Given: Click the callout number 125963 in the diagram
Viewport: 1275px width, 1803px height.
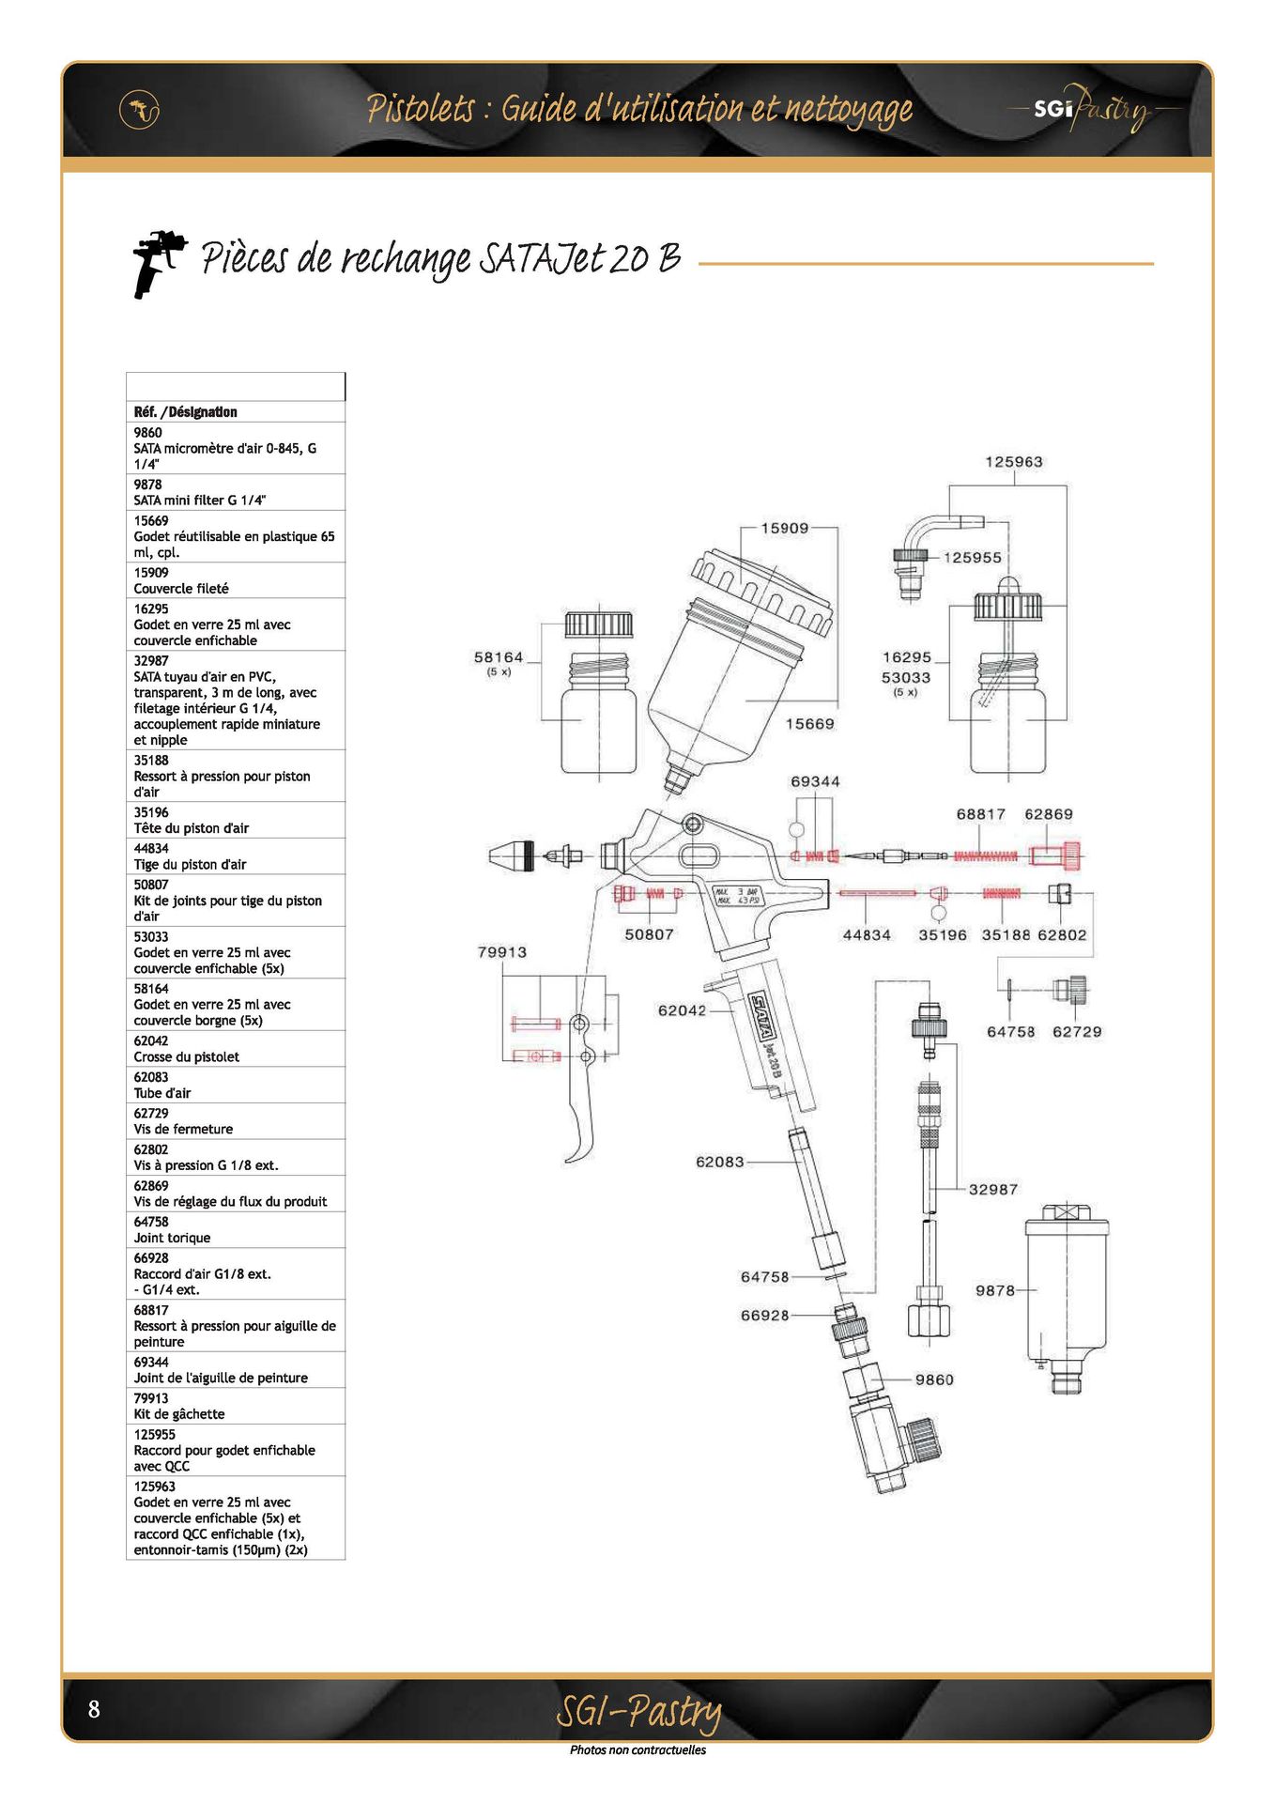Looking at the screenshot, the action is (1013, 462).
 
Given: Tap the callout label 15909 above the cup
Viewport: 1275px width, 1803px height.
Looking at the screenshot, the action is (784, 529).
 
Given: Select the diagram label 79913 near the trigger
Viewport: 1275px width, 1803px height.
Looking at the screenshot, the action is (501, 952).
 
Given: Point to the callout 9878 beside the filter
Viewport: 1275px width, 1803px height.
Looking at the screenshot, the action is (995, 1290).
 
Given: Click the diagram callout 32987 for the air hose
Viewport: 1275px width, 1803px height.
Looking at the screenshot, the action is (993, 1189).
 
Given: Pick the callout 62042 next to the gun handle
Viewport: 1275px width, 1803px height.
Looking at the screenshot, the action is (682, 1010).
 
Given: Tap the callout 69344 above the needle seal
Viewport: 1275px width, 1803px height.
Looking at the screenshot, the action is (815, 781).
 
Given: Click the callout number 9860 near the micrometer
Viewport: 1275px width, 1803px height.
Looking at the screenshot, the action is (934, 1379).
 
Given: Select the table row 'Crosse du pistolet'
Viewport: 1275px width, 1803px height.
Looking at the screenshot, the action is (186, 1057).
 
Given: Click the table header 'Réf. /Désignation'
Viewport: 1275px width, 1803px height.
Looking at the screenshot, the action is (185, 412).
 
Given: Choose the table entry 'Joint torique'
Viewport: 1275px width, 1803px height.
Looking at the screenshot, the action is (172, 1238).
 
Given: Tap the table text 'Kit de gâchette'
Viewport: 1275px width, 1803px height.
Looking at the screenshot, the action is (179, 1414).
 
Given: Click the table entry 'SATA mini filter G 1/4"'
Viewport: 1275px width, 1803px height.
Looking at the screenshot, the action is (200, 501).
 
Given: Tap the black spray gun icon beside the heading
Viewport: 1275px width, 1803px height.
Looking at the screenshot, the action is (158, 264).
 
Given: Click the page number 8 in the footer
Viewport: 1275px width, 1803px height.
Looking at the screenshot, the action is (94, 1708).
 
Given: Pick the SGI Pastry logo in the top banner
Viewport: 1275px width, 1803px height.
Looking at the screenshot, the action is (1094, 109).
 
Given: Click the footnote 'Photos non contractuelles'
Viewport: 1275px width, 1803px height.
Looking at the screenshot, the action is (637, 1749).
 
